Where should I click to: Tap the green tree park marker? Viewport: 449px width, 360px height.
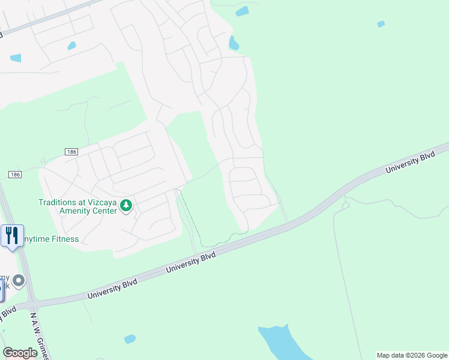point(126,206)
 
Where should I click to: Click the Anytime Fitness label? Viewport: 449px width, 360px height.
point(51,239)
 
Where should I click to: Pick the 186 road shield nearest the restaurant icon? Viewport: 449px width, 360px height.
point(15,174)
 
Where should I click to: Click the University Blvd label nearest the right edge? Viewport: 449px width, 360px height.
point(409,161)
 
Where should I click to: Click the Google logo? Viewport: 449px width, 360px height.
point(20,353)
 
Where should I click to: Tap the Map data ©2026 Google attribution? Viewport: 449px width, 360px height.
point(412,355)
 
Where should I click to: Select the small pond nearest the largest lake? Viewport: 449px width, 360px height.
point(130,339)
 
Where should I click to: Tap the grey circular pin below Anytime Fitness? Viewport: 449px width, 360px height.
point(19,280)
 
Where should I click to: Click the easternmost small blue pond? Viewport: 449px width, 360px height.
point(381,24)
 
